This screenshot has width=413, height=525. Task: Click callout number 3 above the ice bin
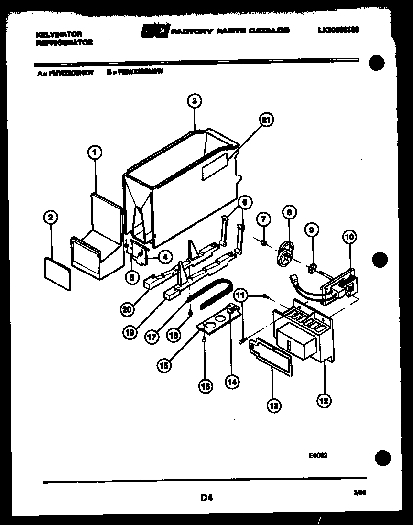[x=194, y=101]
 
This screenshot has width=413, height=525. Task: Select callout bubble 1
[x=95, y=153]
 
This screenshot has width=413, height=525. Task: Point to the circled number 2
[x=51, y=218]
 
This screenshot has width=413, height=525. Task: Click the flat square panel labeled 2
[x=57, y=269]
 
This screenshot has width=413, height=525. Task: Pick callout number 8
[x=289, y=211]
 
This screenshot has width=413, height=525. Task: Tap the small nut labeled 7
[x=263, y=244]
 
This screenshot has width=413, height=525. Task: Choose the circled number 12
[x=324, y=401]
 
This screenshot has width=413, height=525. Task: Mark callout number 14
[x=233, y=382]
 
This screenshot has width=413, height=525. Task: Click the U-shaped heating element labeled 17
[x=210, y=292]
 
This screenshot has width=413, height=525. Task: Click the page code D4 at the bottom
[x=206, y=498]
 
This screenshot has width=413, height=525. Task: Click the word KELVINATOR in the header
[x=59, y=34]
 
